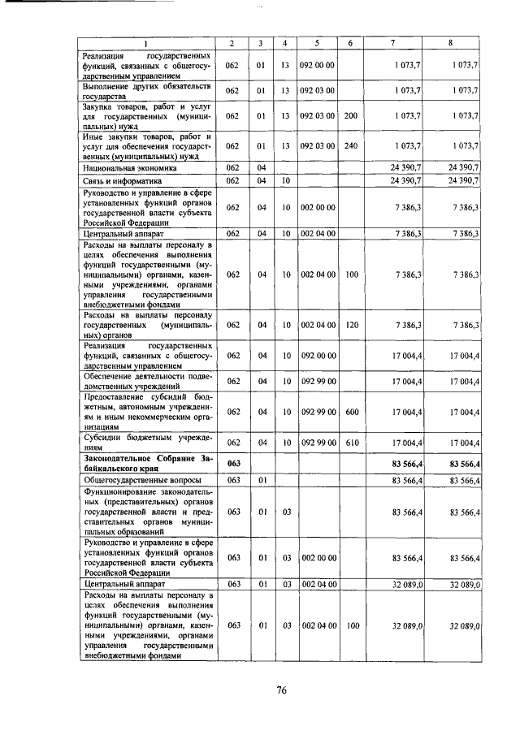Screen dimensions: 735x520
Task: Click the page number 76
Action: coord(281,690)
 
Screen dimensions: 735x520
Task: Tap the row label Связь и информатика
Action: coord(123,180)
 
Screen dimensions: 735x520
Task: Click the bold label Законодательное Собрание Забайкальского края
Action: coord(145,464)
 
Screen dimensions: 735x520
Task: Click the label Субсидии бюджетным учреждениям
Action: coord(145,442)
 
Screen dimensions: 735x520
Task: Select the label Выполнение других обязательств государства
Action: coord(145,90)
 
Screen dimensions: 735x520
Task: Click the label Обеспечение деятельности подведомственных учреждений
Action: coord(145,381)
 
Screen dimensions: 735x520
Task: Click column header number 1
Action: coord(146,41)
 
